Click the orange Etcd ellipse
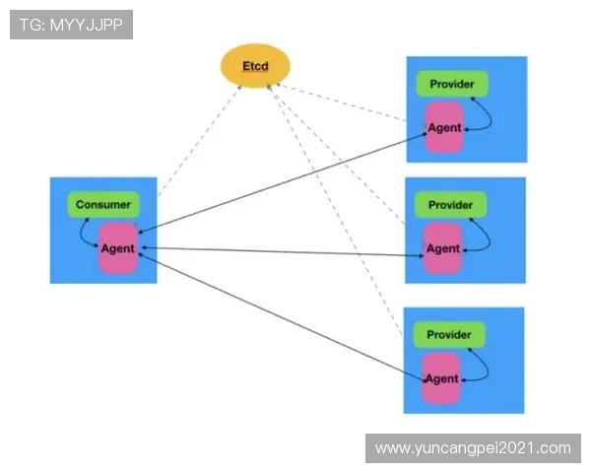click(255, 66)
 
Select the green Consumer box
click(102, 205)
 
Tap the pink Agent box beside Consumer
click(117, 247)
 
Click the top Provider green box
click(451, 84)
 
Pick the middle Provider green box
click(451, 205)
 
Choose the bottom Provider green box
click(449, 335)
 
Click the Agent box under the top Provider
click(443, 128)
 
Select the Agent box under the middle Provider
click(442, 248)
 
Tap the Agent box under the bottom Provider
click(441, 378)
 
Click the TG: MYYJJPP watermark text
click(71, 25)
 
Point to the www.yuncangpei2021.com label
click(473, 448)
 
